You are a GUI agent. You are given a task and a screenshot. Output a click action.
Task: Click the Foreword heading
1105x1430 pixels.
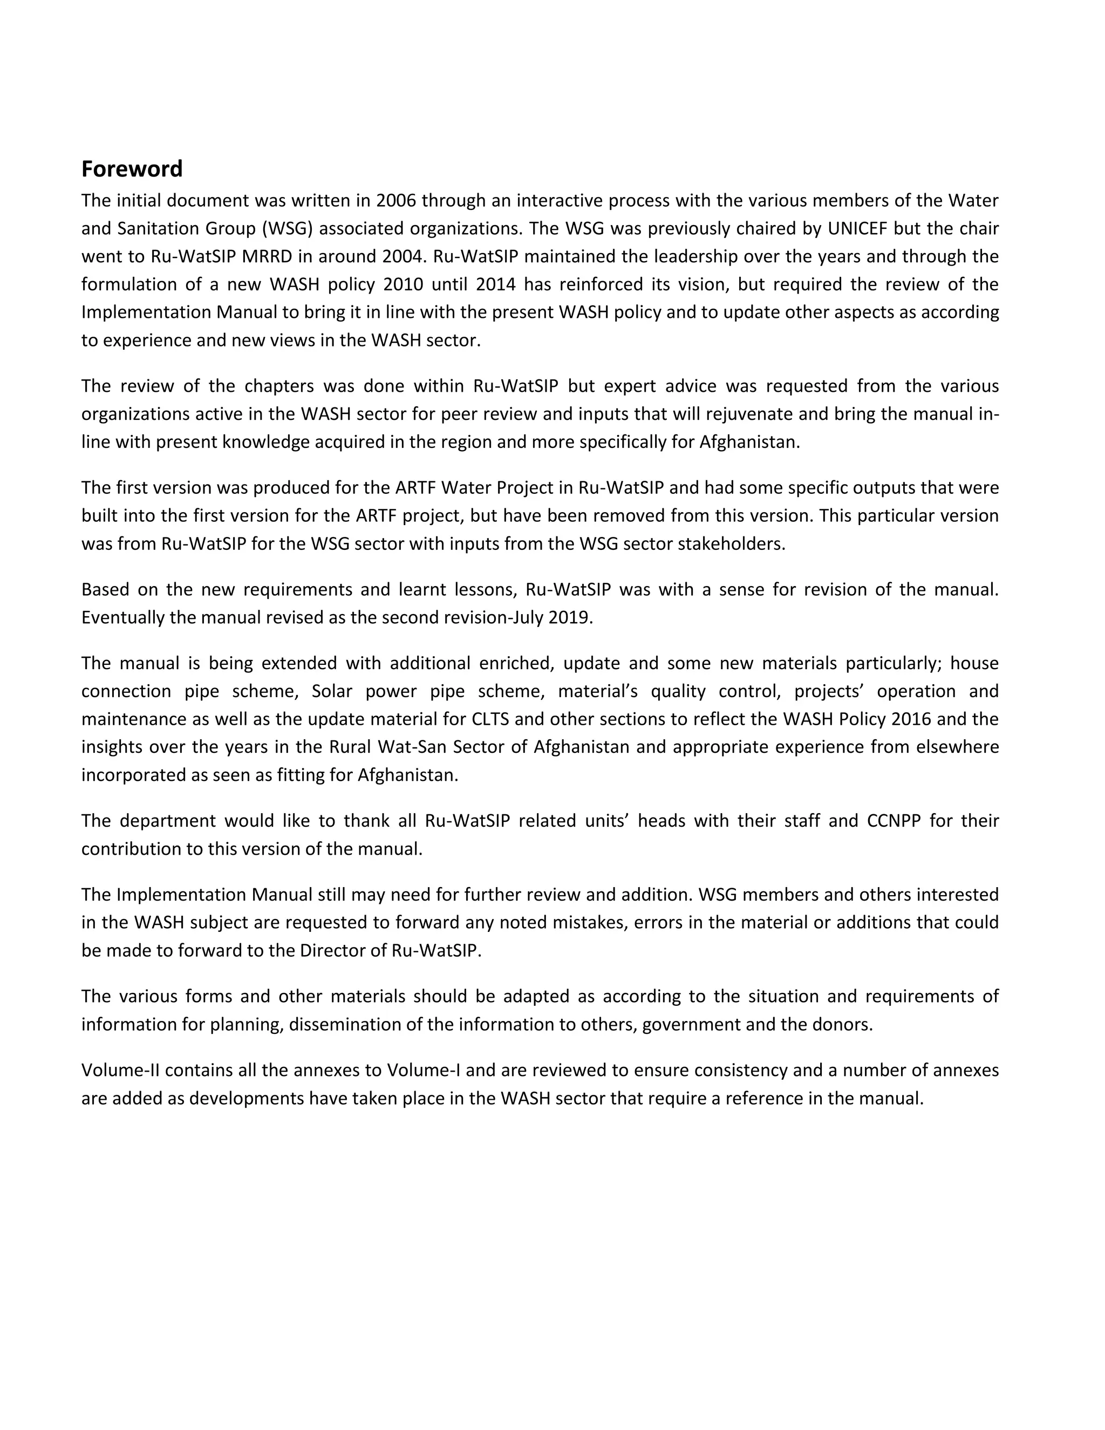pyautogui.click(x=132, y=169)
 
